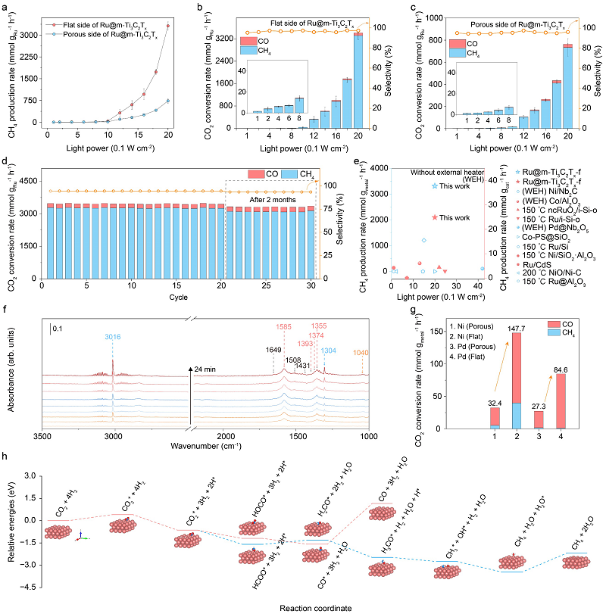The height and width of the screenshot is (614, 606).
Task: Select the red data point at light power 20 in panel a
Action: (167, 26)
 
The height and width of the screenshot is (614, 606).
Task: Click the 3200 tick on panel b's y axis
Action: (222, 36)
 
